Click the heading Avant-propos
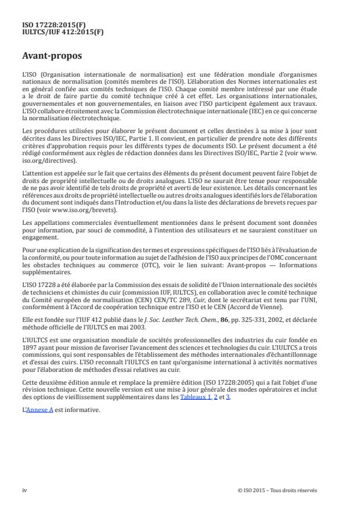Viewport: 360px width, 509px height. tap(50, 57)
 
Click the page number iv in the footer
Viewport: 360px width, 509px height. tap(24, 490)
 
